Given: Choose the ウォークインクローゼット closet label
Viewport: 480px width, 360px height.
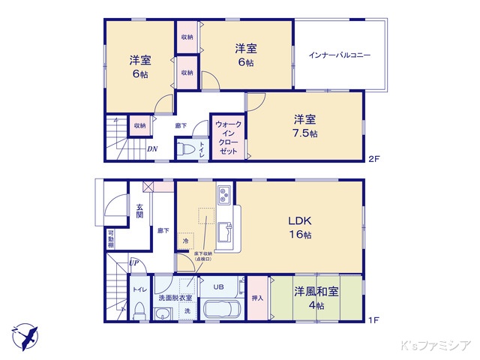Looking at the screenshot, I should point(226,137).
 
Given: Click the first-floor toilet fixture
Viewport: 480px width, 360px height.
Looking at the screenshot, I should point(138,310).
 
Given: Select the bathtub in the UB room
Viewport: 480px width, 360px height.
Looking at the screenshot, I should point(221,310).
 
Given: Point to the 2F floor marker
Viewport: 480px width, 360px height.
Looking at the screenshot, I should point(373,160).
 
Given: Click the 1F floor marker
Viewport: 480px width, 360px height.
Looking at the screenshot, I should point(373,320).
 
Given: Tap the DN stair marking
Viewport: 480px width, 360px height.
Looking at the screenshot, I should point(152,148).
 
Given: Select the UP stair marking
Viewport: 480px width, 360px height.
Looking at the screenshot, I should point(133,262).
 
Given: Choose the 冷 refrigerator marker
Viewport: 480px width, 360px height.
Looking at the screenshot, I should point(185,241).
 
